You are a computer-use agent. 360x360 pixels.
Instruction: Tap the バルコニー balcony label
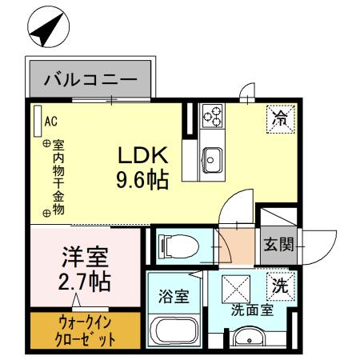(x=91, y=80)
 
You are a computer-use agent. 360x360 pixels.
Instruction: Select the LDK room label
(x=144, y=154)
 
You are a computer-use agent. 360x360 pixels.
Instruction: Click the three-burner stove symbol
(x=213, y=117)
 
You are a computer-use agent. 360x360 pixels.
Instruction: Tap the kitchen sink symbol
(x=212, y=158)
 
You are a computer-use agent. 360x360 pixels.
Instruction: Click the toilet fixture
(x=177, y=246)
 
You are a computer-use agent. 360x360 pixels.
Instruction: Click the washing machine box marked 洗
(x=280, y=283)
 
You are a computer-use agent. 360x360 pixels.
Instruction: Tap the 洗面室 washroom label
(x=253, y=310)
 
